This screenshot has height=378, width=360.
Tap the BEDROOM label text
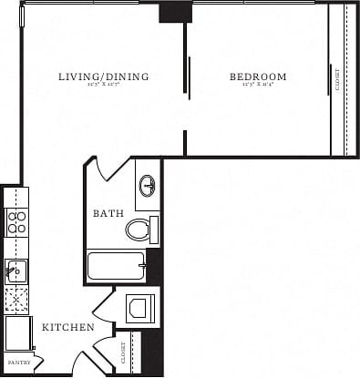coord(258,77)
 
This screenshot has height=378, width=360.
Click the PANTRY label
coord(19,362)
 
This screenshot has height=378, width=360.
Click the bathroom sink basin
coord(148,187)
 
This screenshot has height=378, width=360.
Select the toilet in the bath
coord(139,229)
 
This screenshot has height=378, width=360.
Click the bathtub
coord(116,266)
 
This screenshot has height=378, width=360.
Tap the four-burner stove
coord(16,222)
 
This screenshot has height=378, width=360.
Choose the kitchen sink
coord(15,270)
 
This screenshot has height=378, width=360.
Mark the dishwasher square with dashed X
coord(16,299)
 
